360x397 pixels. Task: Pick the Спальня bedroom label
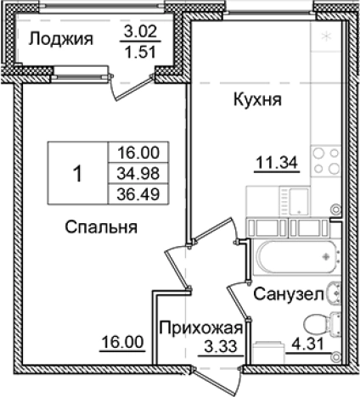click(100, 227)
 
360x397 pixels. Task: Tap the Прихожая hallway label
click(201, 329)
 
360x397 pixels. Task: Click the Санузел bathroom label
click(284, 294)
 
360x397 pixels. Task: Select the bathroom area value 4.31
click(301, 345)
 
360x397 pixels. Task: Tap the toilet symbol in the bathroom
click(321, 323)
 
